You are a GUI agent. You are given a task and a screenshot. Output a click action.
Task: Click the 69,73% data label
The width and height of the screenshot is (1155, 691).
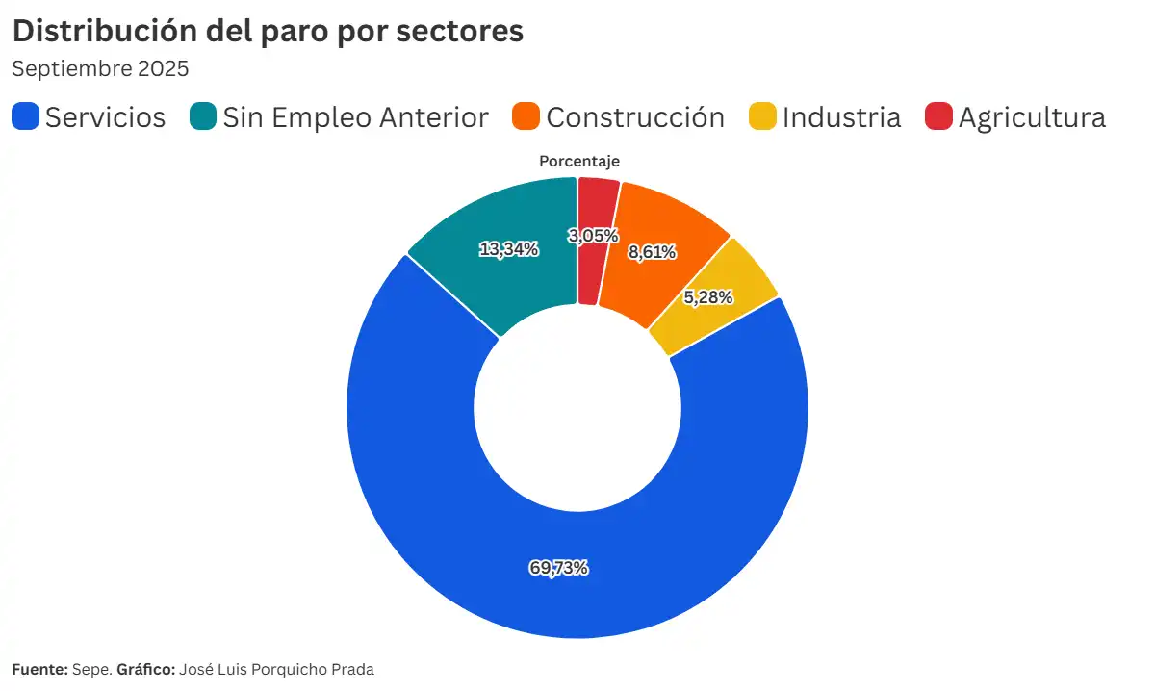(x=558, y=568)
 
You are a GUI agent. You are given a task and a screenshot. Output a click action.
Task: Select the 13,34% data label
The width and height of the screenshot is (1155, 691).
(x=508, y=249)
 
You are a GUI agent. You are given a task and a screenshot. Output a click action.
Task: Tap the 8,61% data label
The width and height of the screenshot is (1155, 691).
(x=652, y=252)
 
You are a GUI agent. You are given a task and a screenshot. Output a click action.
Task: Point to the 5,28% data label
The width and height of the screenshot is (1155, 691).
(x=708, y=297)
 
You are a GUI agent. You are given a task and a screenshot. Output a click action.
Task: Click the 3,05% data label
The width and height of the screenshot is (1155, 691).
(x=593, y=236)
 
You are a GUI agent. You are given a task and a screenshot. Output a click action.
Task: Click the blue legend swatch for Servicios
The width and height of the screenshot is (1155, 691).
(x=26, y=117)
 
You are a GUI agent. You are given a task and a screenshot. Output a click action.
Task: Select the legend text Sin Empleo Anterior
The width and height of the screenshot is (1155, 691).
(x=355, y=117)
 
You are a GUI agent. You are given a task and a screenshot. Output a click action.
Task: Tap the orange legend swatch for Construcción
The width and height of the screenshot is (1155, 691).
(x=526, y=117)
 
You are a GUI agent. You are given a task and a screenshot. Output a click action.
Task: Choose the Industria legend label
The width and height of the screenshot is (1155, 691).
(x=841, y=117)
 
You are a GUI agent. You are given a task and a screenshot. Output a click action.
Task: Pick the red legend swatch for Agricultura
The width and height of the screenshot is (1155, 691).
(x=938, y=117)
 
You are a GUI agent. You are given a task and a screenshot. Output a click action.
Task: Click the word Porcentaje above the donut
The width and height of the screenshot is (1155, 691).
(x=578, y=162)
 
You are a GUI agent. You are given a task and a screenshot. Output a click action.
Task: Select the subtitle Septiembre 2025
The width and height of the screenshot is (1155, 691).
(x=100, y=69)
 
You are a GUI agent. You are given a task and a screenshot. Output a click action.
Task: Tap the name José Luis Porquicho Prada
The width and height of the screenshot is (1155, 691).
(x=276, y=669)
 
